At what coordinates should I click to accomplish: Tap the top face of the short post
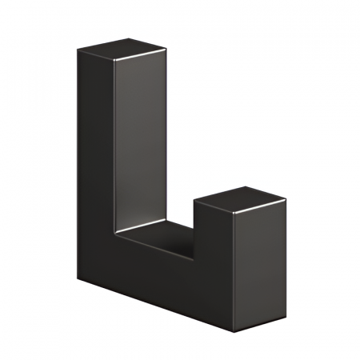[240, 199]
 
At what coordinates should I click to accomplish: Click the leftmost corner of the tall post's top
[78, 50]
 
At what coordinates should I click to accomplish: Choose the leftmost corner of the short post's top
[194, 202]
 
